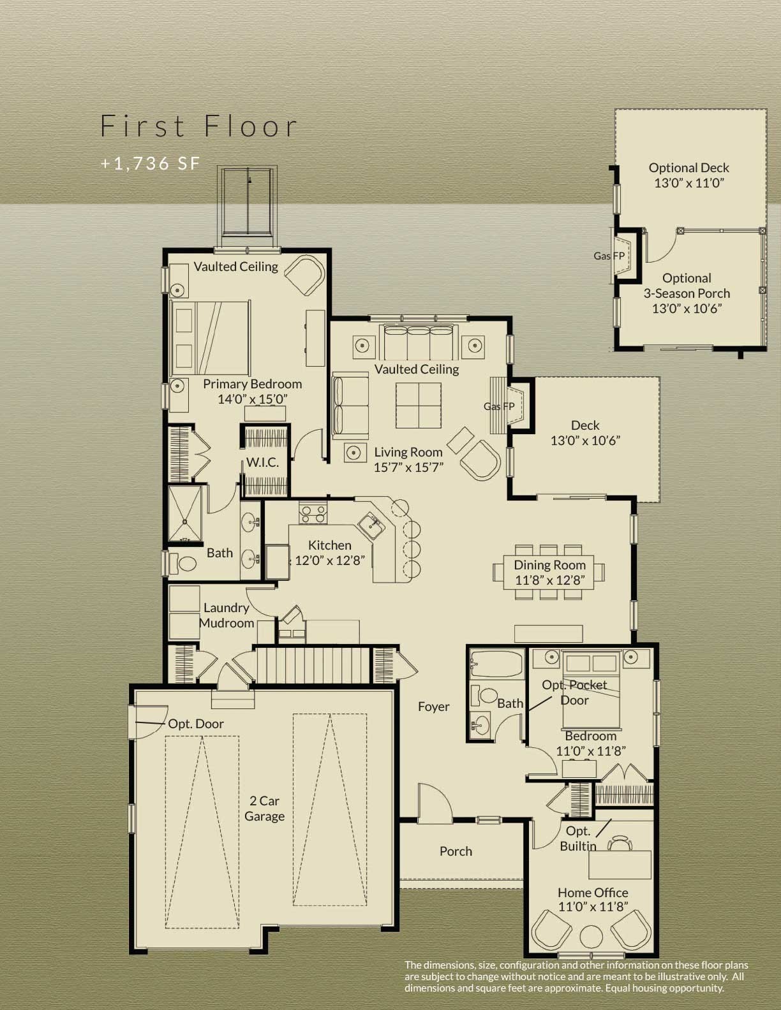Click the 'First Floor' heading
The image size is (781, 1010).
pyautogui.click(x=199, y=126)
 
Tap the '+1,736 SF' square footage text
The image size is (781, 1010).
pyautogui.click(x=151, y=163)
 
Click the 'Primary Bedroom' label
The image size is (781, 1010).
pyautogui.click(x=253, y=384)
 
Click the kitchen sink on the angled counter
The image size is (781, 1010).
pyautogui.click(x=370, y=526)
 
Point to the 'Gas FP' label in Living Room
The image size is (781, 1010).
pyautogui.click(x=499, y=406)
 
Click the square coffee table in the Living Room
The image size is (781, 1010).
pyautogui.click(x=418, y=406)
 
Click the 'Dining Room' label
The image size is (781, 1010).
pyautogui.click(x=549, y=565)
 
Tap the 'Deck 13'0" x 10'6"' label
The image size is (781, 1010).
pyautogui.click(x=585, y=433)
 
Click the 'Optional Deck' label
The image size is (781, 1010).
pyautogui.click(x=688, y=168)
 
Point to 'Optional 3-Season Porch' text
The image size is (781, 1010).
pyautogui.click(x=687, y=286)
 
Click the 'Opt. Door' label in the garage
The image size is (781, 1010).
pyautogui.click(x=196, y=724)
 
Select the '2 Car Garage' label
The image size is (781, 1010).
pyautogui.click(x=264, y=809)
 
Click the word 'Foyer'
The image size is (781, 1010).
pyautogui.click(x=434, y=706)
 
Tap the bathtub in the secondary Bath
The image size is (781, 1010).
pyautogui.click(x=496, y=665)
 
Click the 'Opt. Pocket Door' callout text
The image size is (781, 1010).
pyautogui.click(x=574, y=692)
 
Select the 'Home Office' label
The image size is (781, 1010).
pyautogui.click(x=593, y=893)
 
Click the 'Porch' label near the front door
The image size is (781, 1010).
pyautogui.click(x=456, y=851)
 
